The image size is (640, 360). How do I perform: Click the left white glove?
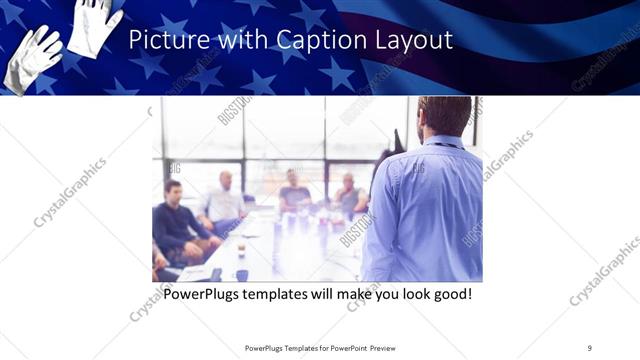pos(31,60)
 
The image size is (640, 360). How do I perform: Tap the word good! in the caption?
pos(447,295)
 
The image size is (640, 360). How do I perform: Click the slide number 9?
pos(589,347)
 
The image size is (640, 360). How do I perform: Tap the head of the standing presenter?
pos(444,116)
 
